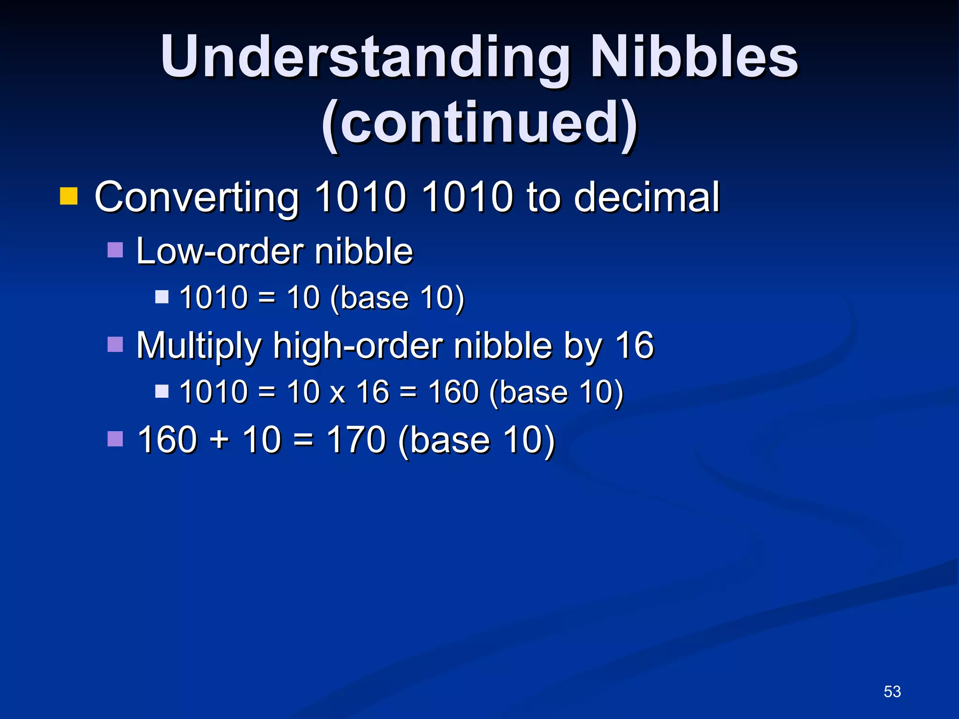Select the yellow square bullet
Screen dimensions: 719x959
tap(68, 196)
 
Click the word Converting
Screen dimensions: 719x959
tap(197, 198)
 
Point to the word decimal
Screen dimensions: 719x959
tap(647, 198)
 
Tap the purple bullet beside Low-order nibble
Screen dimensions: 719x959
tap(115, 250)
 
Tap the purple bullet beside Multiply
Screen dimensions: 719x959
tap(115, 345)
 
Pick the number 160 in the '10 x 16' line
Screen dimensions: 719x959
tap(454, 392)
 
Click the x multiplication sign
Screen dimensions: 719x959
tap(337, 393)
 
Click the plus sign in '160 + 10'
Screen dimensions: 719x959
tap(219, 441)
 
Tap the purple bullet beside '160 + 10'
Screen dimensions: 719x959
tap(115, 439)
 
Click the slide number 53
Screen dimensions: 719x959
tap(892, 691)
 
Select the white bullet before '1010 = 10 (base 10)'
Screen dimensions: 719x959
tap(162, 297)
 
